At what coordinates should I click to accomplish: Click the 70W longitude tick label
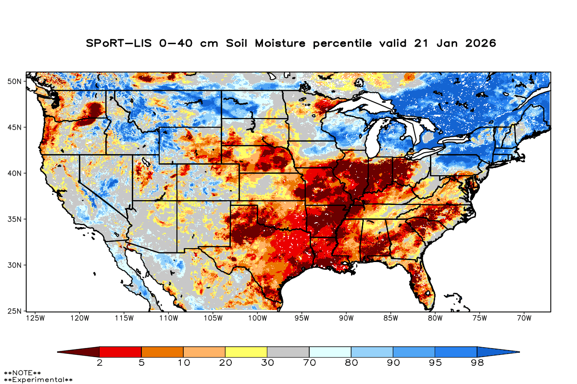tap(524, 318)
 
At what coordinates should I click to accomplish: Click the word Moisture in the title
tap(280, 43)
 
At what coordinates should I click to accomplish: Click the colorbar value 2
tap(100, 363)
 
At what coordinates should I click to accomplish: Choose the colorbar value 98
tap(477, 363)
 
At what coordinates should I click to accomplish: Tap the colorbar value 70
tap(309, 363)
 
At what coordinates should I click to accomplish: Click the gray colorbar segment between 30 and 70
tap(288, 352)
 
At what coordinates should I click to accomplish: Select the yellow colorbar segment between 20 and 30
tap(246, 352)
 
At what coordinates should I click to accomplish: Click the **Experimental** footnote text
tap(38, 380)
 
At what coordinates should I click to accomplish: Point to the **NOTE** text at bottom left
tap(23, 373)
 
